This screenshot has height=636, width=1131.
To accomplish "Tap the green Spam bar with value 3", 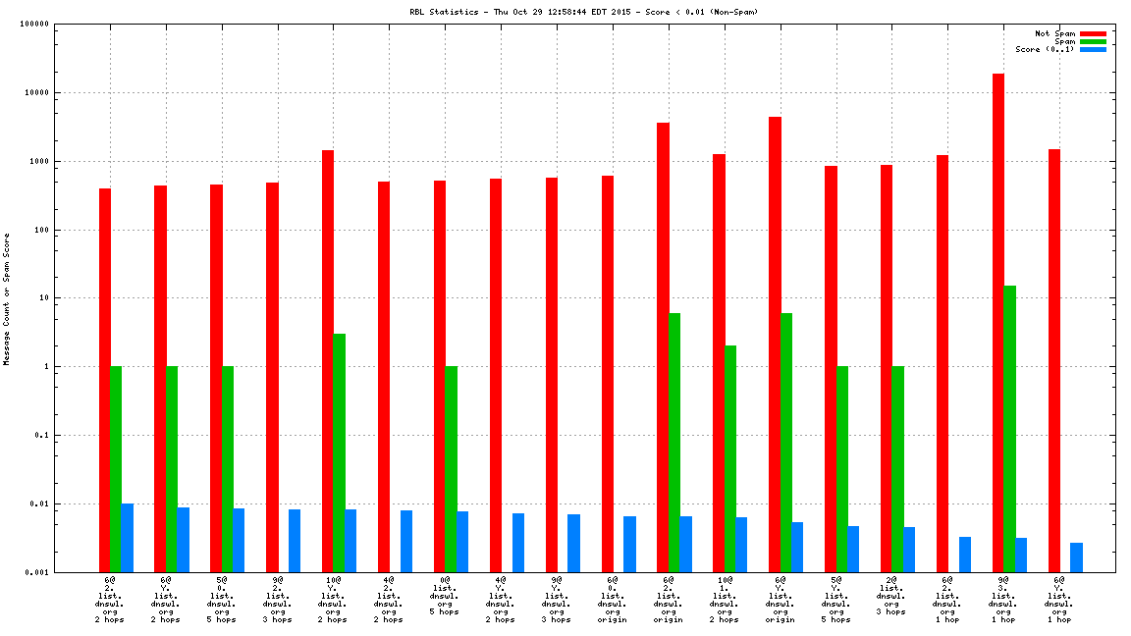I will (x=339, y=452).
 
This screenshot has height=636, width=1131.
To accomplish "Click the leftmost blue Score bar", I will (x=128, y=538).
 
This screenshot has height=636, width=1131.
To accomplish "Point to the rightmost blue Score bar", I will (x=1076, y=556).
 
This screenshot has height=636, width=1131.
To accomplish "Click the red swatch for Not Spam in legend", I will (x=1093, y=33).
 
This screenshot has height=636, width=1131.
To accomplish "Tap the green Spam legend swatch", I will (x=1093, y=41).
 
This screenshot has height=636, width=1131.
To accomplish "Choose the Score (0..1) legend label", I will (x=1045, y=49).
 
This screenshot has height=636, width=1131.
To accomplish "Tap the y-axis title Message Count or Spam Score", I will (x=7, y=299).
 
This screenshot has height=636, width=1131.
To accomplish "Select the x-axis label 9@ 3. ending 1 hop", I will (x=1003, y=600).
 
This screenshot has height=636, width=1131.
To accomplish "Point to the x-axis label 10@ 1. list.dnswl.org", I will (x=725, y=600).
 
